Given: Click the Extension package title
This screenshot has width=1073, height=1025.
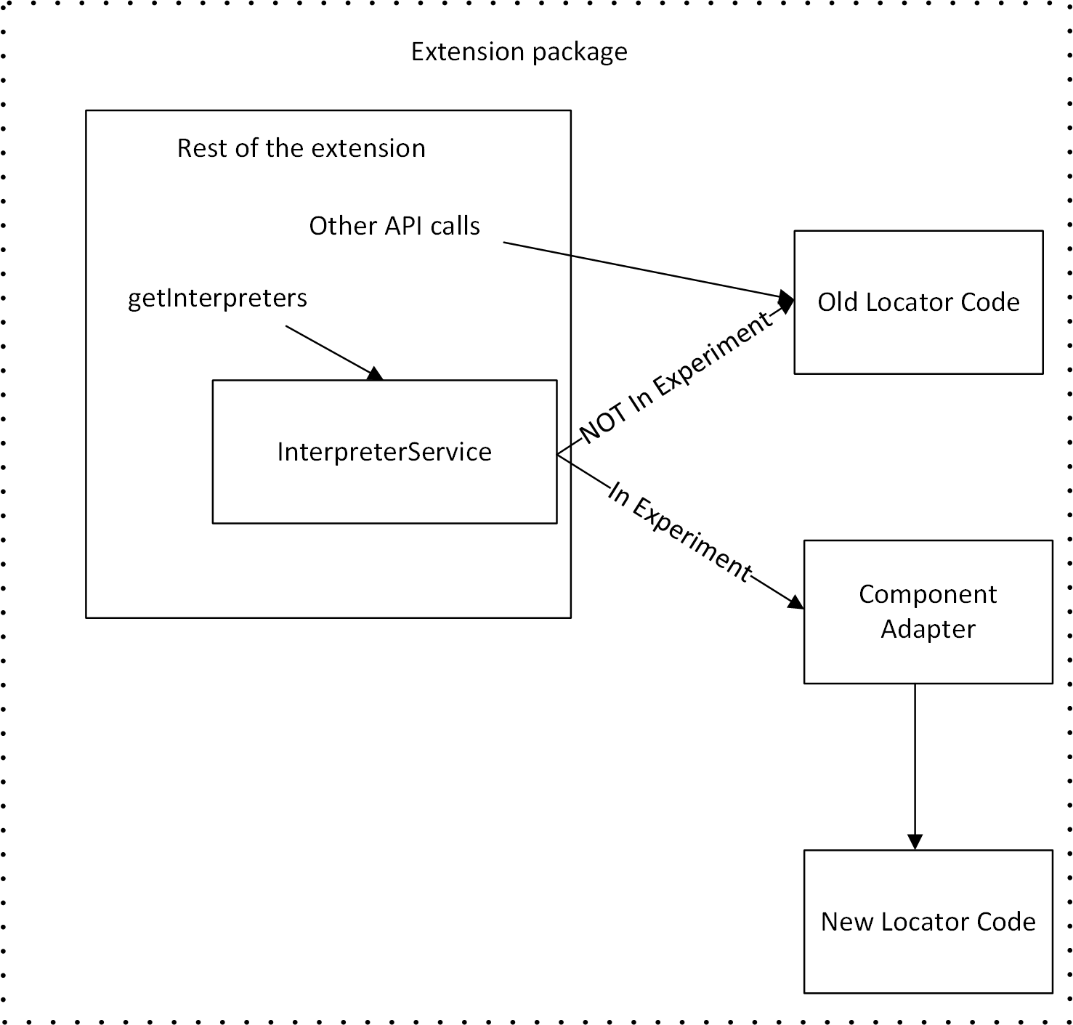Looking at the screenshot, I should [519, 52].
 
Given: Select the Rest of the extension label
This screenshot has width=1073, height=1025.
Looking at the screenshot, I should [301, 148].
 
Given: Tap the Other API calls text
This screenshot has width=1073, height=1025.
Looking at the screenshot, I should [394, 226].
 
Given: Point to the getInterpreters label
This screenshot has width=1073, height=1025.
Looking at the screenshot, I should [217, 299].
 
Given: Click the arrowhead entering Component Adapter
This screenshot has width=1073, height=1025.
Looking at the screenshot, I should [796, 602].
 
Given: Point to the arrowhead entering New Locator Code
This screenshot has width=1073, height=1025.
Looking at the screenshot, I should [915, 841].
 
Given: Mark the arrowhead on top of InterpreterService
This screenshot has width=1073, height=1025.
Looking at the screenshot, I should [375, 374].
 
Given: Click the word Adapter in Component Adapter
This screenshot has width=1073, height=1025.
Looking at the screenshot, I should [928, 629].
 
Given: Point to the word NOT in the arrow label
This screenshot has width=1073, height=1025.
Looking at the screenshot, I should [602, 424].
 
